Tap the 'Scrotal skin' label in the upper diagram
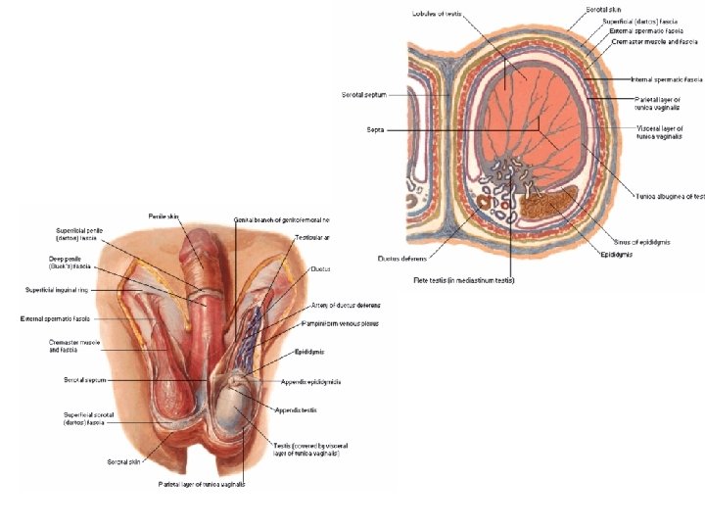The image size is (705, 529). tap(605, 9)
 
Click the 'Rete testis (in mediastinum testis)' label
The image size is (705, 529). tap(464, 280)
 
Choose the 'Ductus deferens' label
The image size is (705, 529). tap(400, 259)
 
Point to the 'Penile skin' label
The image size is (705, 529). tap(164, 216)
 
